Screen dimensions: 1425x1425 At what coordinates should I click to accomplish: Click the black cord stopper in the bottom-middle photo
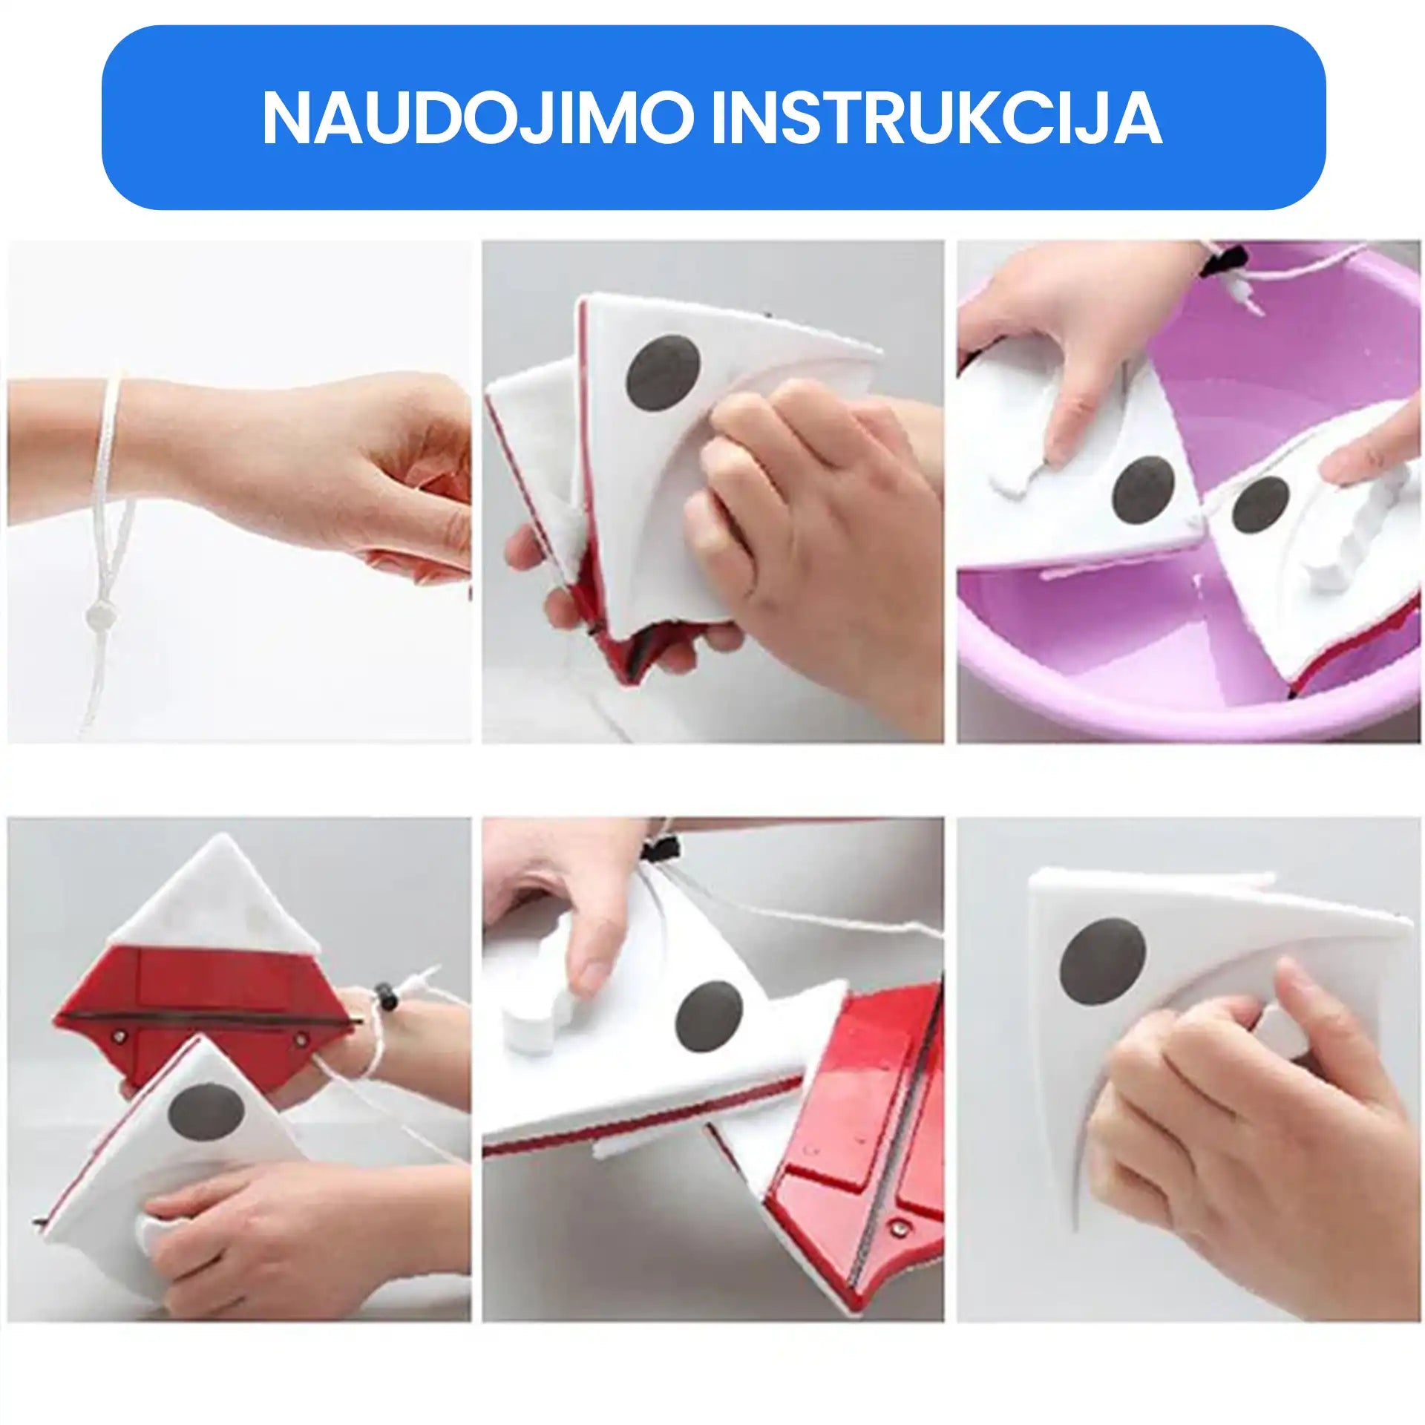tap(662, 850)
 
